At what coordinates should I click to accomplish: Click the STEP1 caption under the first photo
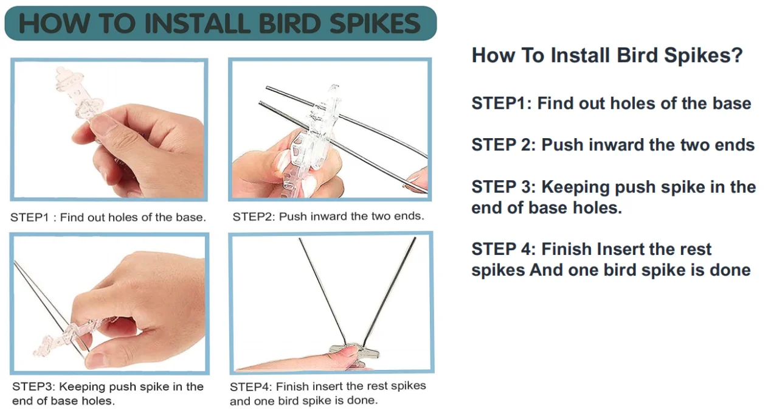pyautogui.click(x=108, y=217)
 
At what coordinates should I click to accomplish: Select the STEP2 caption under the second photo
pyautogui.click(x=328, y=216)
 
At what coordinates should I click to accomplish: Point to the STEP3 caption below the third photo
pyautogui.click(x=108, y=393)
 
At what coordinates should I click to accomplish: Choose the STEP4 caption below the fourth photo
pyautogui.click(x=328, y=393)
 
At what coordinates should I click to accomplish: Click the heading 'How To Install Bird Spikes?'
pyautogui.click(x=607, y=55)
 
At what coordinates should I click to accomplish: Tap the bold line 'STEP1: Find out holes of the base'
pyautogui.click(x=611, y=103)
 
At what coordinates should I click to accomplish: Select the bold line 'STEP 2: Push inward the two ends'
pyautogui.click(x=613, y=145)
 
